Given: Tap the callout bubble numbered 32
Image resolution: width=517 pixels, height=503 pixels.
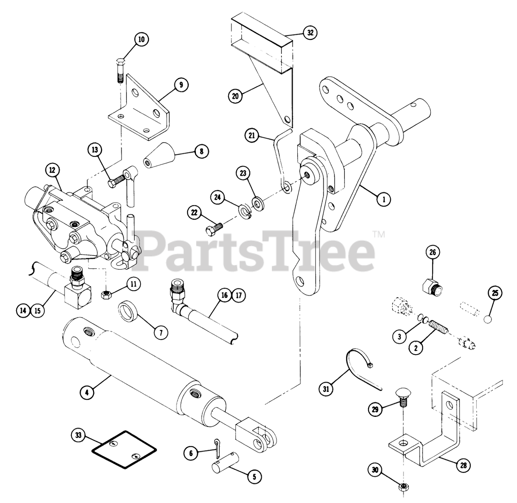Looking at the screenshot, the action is click(310, 33).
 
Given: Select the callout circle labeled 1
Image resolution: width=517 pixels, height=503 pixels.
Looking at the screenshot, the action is click(384, 199).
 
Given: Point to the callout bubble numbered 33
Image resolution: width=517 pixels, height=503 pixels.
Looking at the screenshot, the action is click(78, 435).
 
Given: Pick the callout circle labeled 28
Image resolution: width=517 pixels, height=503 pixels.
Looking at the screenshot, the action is click(463, 465).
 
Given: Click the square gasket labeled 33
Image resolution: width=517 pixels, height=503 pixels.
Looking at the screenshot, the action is click(124, 449).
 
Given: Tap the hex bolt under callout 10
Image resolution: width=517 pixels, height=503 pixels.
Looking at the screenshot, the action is click(120, 70).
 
